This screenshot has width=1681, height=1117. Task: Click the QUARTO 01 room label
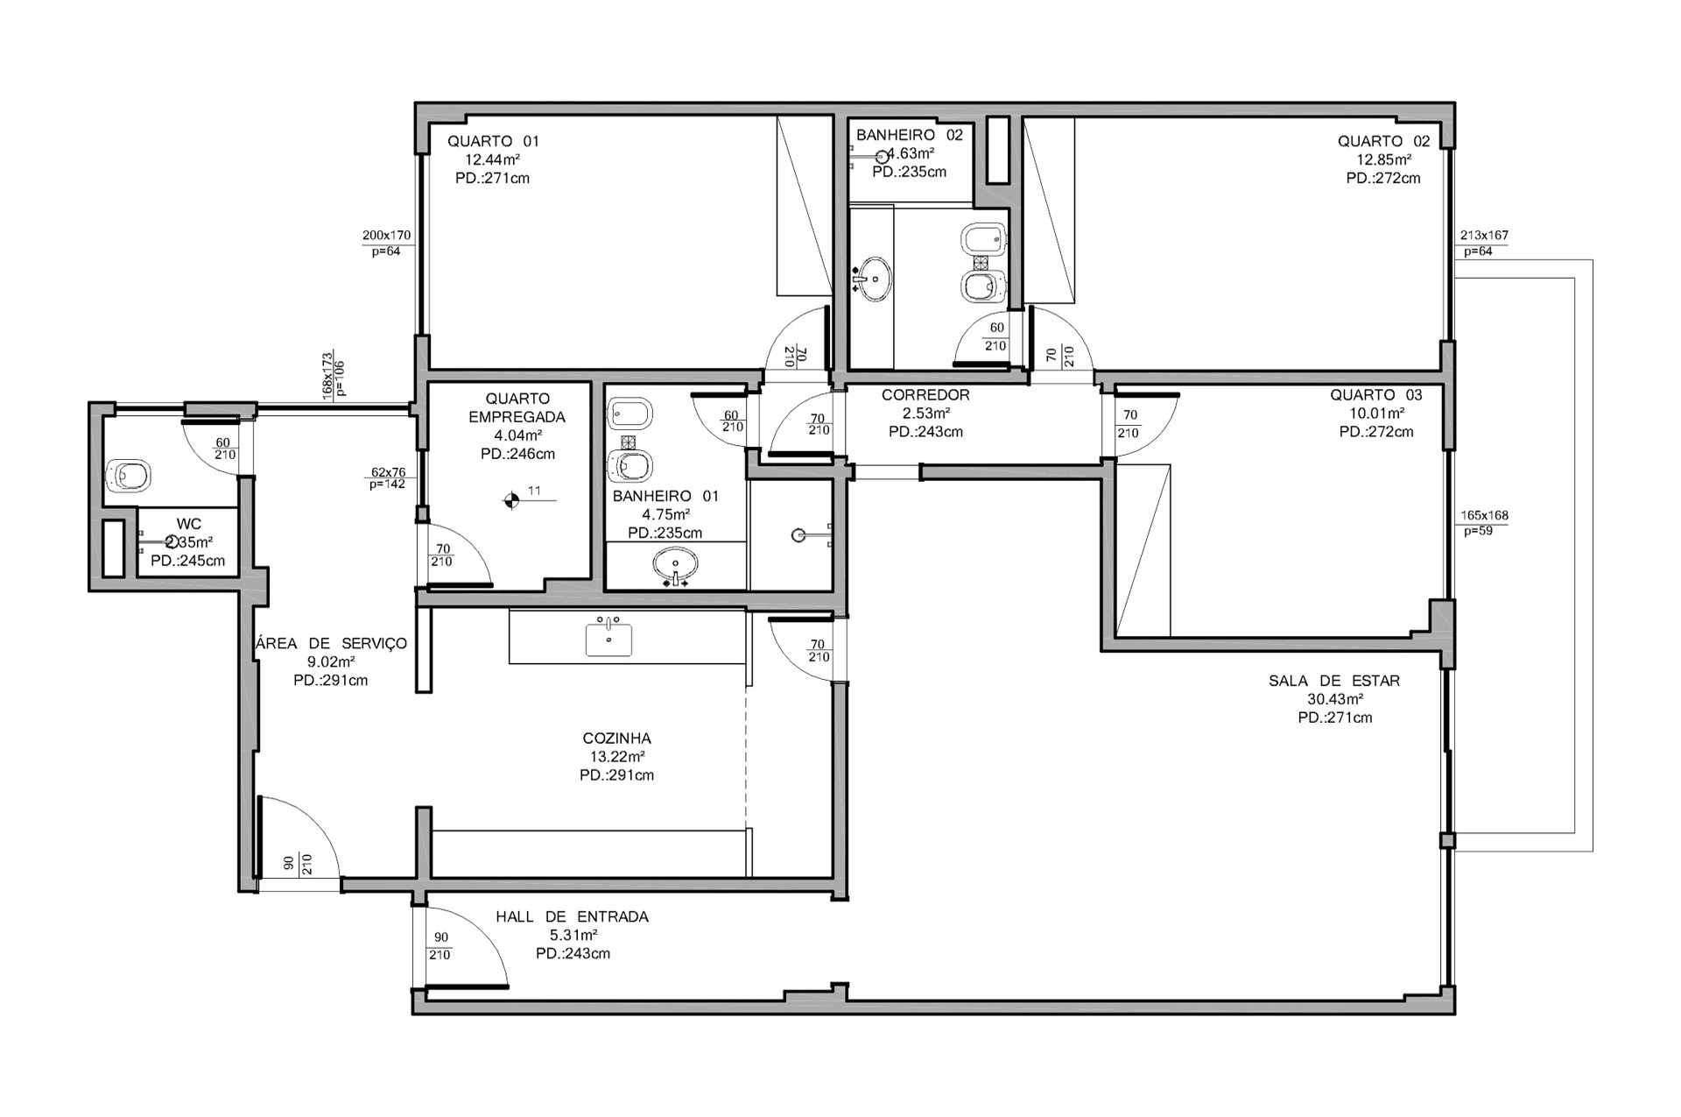[493, 141]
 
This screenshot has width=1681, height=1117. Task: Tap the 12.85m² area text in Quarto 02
[1383, 159]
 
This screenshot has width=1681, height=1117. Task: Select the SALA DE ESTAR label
[1334, 681]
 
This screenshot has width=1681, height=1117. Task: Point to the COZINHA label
[616, 739]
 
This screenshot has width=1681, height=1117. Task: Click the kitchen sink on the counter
[608, 636]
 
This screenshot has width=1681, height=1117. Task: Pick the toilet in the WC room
[128, 476]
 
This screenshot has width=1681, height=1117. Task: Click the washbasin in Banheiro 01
[675, 565]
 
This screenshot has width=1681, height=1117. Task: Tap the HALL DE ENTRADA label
[572, 917]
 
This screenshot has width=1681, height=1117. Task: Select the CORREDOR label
[925, 395]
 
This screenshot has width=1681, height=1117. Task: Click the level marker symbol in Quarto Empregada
[510, 501]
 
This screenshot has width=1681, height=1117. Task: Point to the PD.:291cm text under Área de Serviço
[331, 681]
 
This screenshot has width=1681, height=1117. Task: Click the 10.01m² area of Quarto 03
[1377, 414]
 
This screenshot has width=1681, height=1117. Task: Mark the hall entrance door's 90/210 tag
[440, 946]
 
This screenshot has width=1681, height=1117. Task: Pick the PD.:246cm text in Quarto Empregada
[517, 454]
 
